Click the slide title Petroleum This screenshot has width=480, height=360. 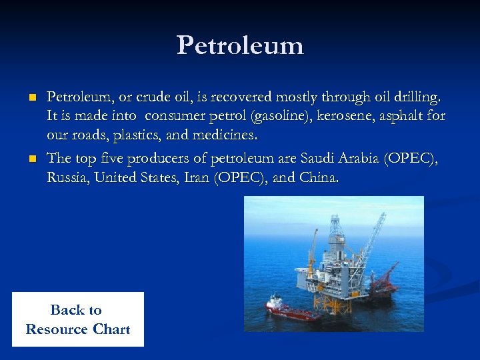point(240,45)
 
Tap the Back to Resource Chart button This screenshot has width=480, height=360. point(77,319)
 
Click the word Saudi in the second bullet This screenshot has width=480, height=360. point(319,159)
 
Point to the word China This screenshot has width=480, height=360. point(319,177)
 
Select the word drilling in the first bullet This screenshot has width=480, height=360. point(417,97)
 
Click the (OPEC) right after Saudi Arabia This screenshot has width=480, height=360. point(413,159)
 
